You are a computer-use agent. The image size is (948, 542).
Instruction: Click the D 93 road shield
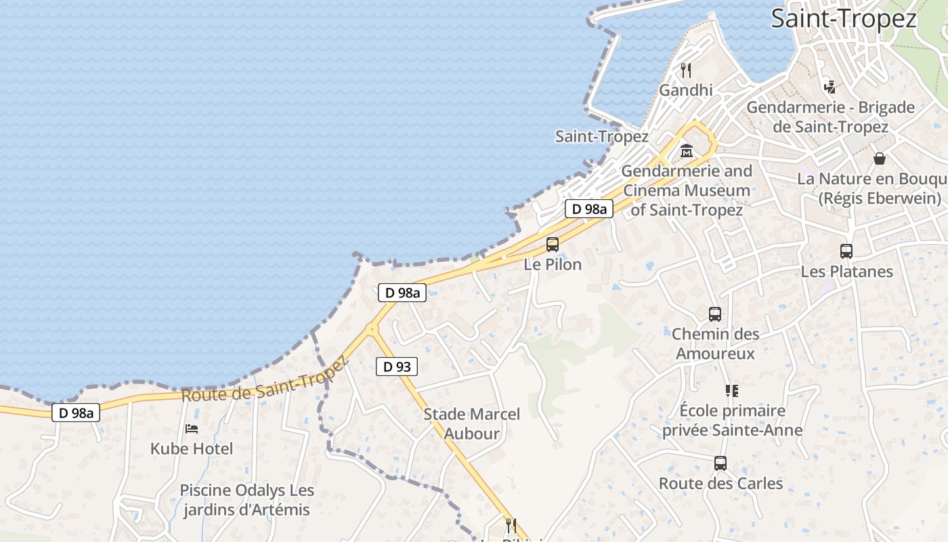(x=397, y=367)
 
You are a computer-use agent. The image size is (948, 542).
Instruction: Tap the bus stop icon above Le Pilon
(x=553, y=245)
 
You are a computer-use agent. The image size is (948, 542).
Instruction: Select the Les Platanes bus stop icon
(x=846, y=251)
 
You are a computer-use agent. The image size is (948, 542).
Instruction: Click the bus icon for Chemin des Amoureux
(x=715, y=314)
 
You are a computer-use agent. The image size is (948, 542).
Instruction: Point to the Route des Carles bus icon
(x=720, y=464)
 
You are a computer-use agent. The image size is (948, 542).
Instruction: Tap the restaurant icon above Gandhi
(x=686, y=70)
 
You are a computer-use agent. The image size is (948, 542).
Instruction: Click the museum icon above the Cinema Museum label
(x=687, y=151)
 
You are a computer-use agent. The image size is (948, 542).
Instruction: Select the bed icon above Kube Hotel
(x=192, y=429)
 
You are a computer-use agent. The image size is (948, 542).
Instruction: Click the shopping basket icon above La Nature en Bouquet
(x=880, y=159)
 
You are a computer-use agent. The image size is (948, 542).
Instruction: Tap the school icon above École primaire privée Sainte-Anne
(x=731, y=391)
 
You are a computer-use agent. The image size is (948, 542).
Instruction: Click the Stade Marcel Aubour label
(x=472, y=423)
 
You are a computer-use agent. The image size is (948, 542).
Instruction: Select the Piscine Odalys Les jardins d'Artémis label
(x=246, y=500)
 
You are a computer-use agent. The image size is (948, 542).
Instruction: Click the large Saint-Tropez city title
(x=844, y=19)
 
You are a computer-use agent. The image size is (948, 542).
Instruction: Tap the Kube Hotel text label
(x=192, y=449)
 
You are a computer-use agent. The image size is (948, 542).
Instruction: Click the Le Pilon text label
(x=553, y=264)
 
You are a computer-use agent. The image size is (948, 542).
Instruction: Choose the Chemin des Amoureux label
(x=715, y=343)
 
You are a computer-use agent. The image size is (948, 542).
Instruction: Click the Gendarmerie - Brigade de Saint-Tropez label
(x=830, y=117)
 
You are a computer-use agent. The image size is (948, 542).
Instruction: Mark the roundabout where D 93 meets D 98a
(x=371, y=330)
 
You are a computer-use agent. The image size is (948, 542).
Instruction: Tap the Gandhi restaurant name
(x=686, y=90)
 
